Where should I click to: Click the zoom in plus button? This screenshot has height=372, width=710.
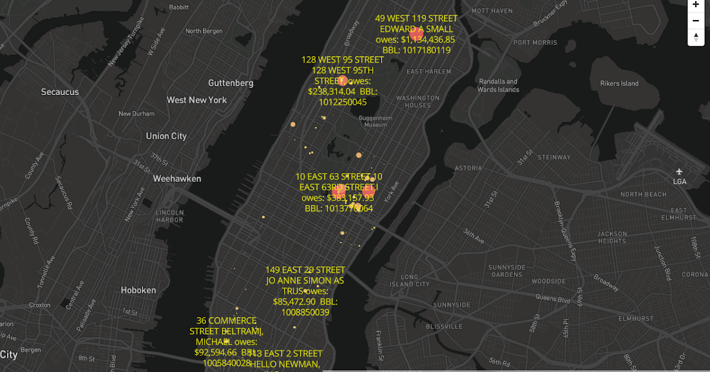(x=695, y=4)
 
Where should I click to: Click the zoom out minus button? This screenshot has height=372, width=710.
(x=695, y=21)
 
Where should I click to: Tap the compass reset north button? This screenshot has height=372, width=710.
(x=695, y=38)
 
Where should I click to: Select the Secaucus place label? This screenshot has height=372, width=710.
(x=60, y=92)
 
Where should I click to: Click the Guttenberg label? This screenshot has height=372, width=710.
(x=231, y=83)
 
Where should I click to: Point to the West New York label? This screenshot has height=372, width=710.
(x=196, y=100)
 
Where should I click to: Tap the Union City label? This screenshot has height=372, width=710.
(x=166, y=136)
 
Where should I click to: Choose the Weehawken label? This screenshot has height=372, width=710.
(x=177, y=179)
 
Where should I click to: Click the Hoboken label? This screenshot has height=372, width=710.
(x=138, y=291)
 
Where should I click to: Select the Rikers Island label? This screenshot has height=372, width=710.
(x=619, y=84)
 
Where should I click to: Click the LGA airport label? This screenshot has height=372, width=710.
(x=680, y=181)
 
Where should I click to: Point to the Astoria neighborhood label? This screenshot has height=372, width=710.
(x=469, y=168)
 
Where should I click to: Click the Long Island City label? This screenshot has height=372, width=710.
(x=409, y=280)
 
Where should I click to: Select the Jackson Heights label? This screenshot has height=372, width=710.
(x=612, y=237)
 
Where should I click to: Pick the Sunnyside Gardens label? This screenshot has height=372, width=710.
(x=506, y=271)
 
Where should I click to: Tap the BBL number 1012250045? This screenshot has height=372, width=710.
(x=343, y=102)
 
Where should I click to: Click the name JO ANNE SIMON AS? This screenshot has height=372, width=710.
(x=305, y=280)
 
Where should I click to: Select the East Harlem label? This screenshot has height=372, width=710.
(x=429, y=71)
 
